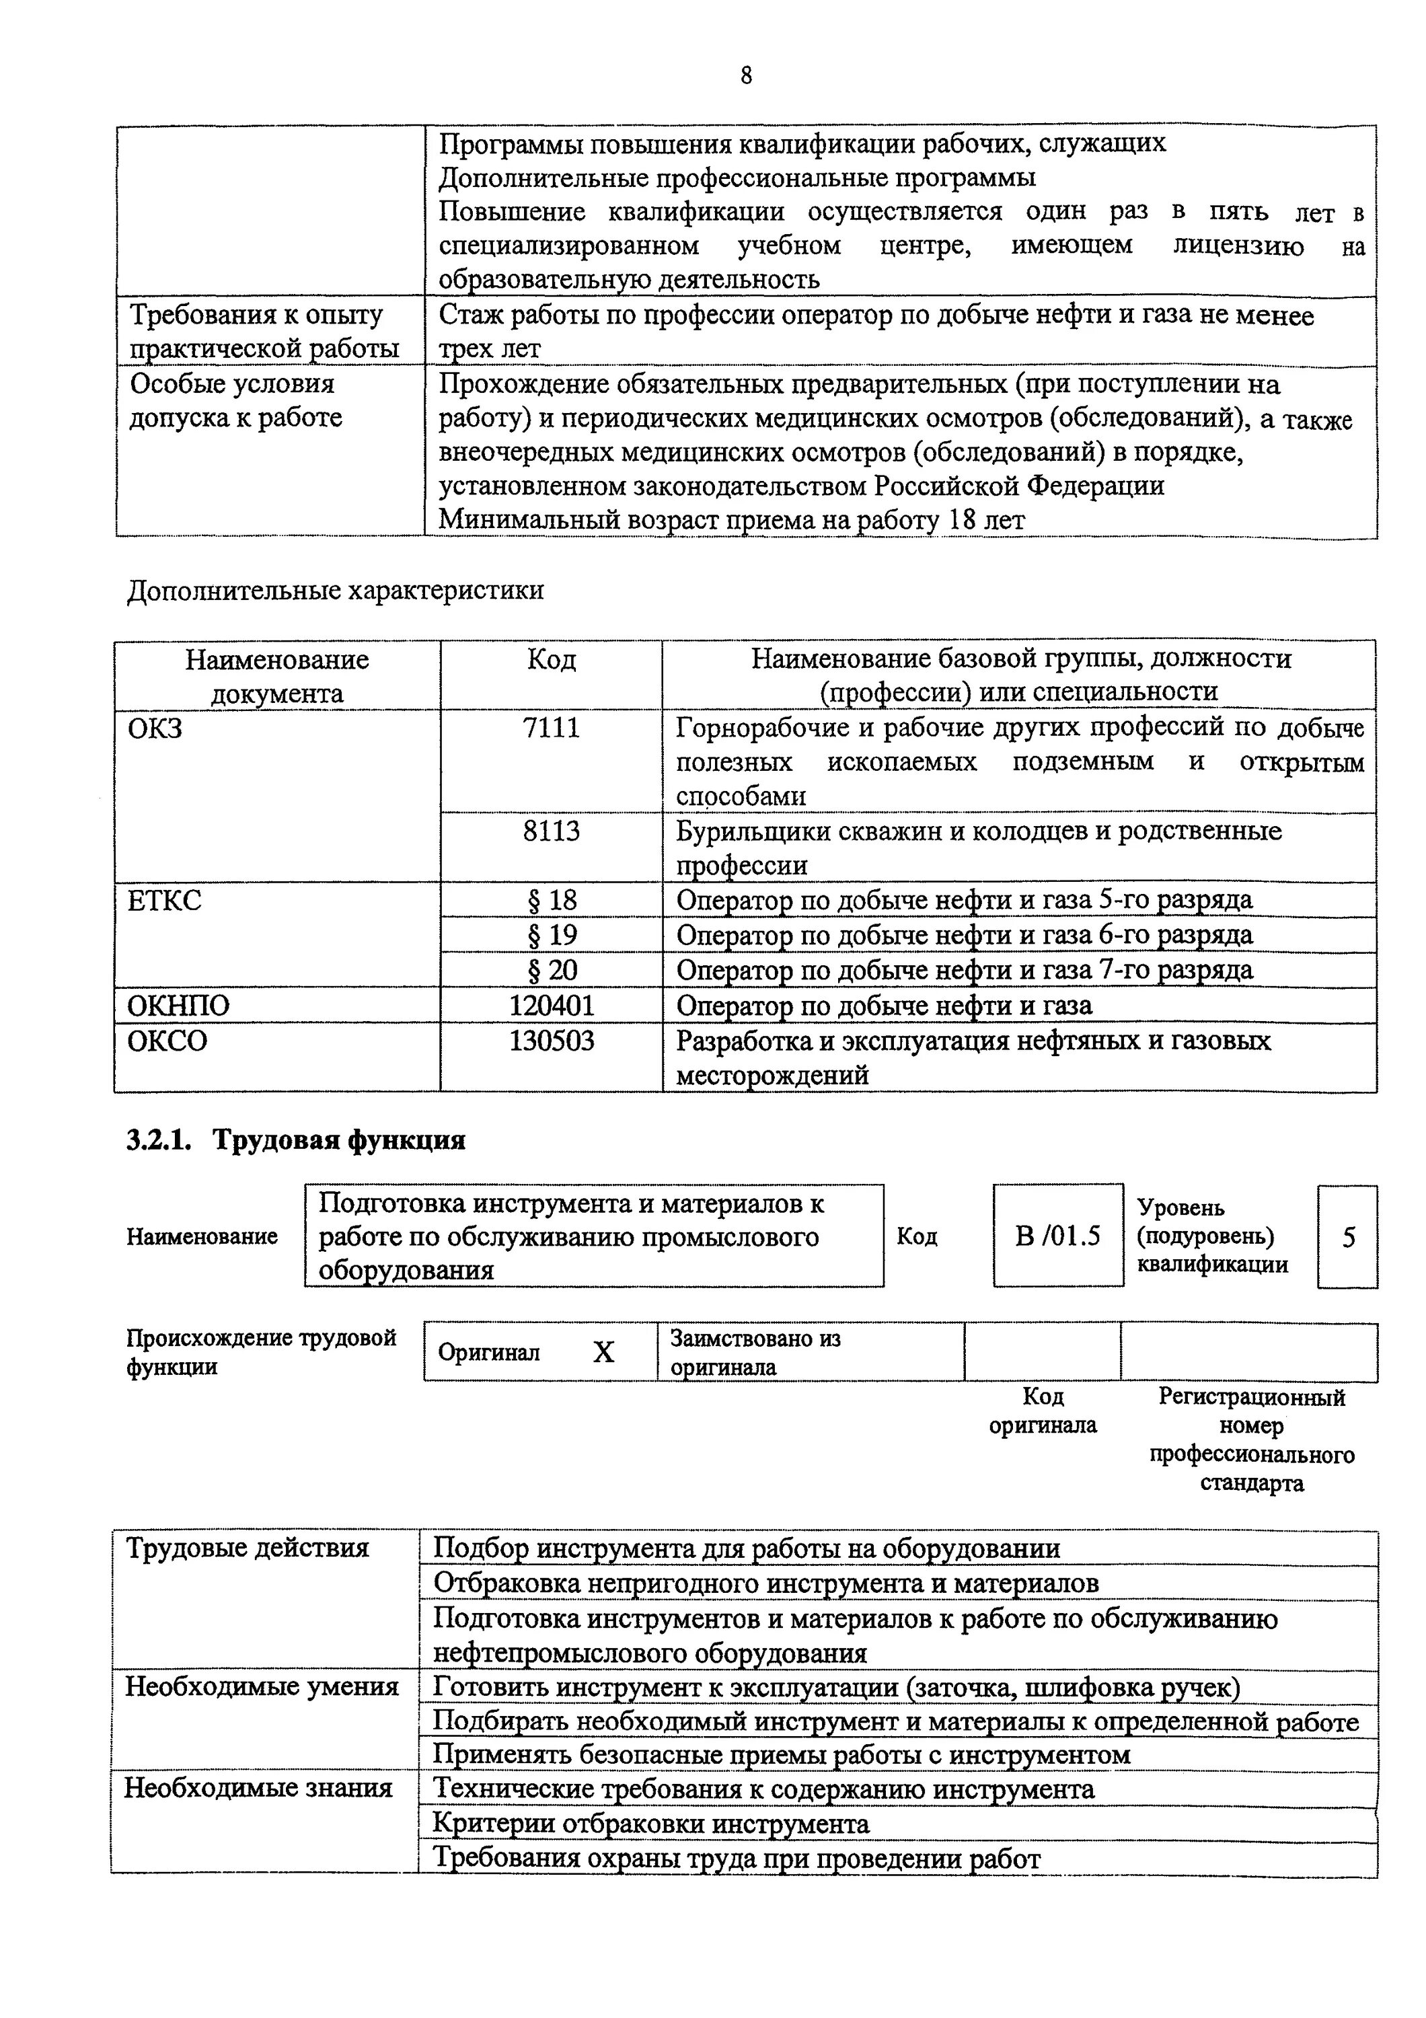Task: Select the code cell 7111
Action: pyautogui.click(x=551, y=728)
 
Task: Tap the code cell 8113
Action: pyautogui.click(x=551, y=831)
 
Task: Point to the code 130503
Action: pyautogui.click(x=551, y=1041)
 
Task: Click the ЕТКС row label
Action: pyautogui.click(x=164, y=900)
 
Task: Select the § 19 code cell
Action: pyautogui.click(x=551, y=934)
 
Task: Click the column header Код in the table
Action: pyautogui.click(x=551, y=659)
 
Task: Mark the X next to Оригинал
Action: pyautogui.click(x=603, y=1352)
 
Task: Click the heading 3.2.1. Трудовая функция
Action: pyautogui.click(x=296, y=1140)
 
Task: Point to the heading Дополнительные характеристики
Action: pyautogui.click(x=335, y=590)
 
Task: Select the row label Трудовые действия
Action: pyautogui.click(x=247, y=1548)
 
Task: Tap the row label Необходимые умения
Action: pyautogui.click(x=262, y=1686)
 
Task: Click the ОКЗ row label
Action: pyautogui.click(x=155, y=728)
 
